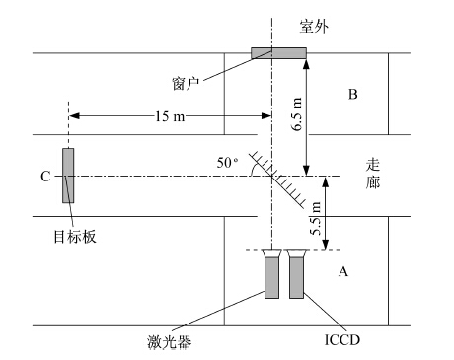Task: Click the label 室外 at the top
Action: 314,26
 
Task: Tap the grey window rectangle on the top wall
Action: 278,53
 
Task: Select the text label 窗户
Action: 186,84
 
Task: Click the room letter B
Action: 353,94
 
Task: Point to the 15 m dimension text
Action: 170,116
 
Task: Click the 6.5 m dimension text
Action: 297,113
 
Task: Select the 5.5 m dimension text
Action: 316,219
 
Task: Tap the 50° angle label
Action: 227,163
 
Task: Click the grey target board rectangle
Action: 68,176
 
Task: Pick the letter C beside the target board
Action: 45,177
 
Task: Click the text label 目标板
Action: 75,237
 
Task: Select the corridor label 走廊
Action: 373,174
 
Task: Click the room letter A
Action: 343,272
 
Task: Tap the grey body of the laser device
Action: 271,278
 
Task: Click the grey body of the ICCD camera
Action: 296,278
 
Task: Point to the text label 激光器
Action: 169,342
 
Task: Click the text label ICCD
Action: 342,340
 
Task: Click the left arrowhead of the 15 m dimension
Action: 74,116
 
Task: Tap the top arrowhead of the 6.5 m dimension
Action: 306,64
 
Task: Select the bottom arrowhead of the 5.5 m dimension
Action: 325,245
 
